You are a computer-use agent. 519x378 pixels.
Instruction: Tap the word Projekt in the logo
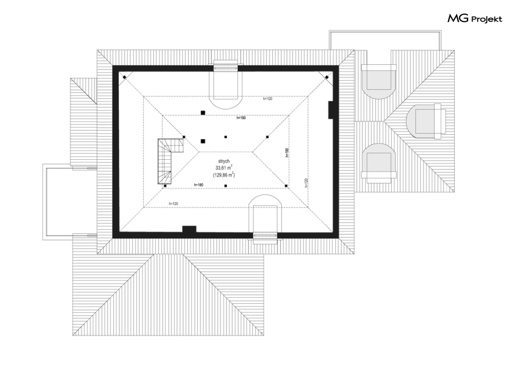coord(487,19)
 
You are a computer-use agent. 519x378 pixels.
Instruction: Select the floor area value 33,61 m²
coord(225,168)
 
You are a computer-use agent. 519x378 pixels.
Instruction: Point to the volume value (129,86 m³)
coord(224,175)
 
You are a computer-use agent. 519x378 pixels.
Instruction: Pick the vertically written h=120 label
coord(306,183)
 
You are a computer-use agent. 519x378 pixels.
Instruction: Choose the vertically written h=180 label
coord(286,152)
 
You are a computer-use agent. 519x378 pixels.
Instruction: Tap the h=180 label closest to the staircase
coord(198,184)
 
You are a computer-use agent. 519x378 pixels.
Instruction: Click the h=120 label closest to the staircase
coord(173,203)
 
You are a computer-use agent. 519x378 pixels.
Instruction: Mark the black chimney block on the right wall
coord(331,109)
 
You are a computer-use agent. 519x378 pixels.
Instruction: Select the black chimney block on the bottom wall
coord(188,229)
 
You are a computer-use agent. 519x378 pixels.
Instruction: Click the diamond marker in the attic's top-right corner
coord(327,77)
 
